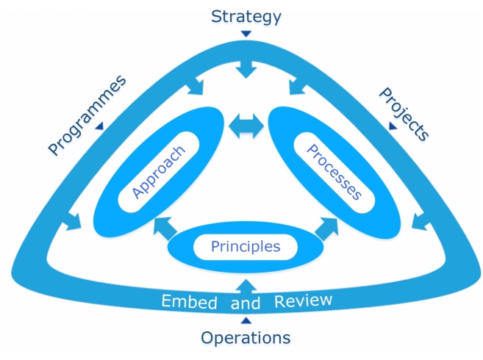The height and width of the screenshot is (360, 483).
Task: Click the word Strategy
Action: [246, 15]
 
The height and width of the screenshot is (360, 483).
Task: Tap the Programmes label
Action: [86, 115]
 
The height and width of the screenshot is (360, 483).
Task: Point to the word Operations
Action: [246, 338]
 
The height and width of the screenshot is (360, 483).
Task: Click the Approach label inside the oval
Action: [158, 171]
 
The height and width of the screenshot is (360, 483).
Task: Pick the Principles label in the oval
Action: [246, 246]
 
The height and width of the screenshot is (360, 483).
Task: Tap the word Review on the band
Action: [303, 300]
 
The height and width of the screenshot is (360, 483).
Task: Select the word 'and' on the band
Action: [246, 303]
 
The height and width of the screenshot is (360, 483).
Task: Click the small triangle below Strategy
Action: [246, 34]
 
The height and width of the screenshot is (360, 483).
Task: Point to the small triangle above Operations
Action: [246, 320]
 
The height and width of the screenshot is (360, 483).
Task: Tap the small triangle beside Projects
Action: [393, 126]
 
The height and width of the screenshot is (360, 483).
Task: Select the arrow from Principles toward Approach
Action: [162, 228]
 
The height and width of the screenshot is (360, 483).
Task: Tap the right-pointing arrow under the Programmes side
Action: [74, 220]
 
